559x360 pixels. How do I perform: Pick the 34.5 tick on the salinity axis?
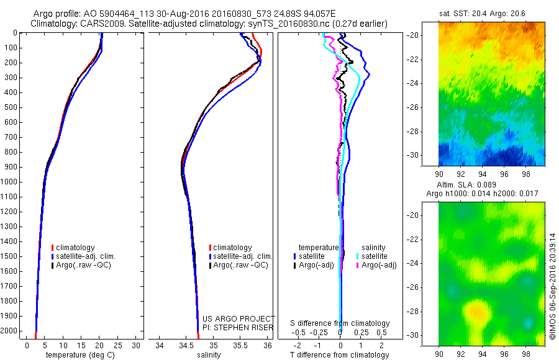click(x=186, y=345)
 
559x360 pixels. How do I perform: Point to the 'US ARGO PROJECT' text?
click(x=239, y=318)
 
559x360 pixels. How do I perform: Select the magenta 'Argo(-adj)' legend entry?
click(x=379, y=265)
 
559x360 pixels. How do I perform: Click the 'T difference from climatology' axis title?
click(x=340, y=355)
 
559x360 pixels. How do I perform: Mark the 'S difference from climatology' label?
click(x=340, y=323)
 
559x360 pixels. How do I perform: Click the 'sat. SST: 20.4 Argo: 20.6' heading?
click(x=492, y=12)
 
